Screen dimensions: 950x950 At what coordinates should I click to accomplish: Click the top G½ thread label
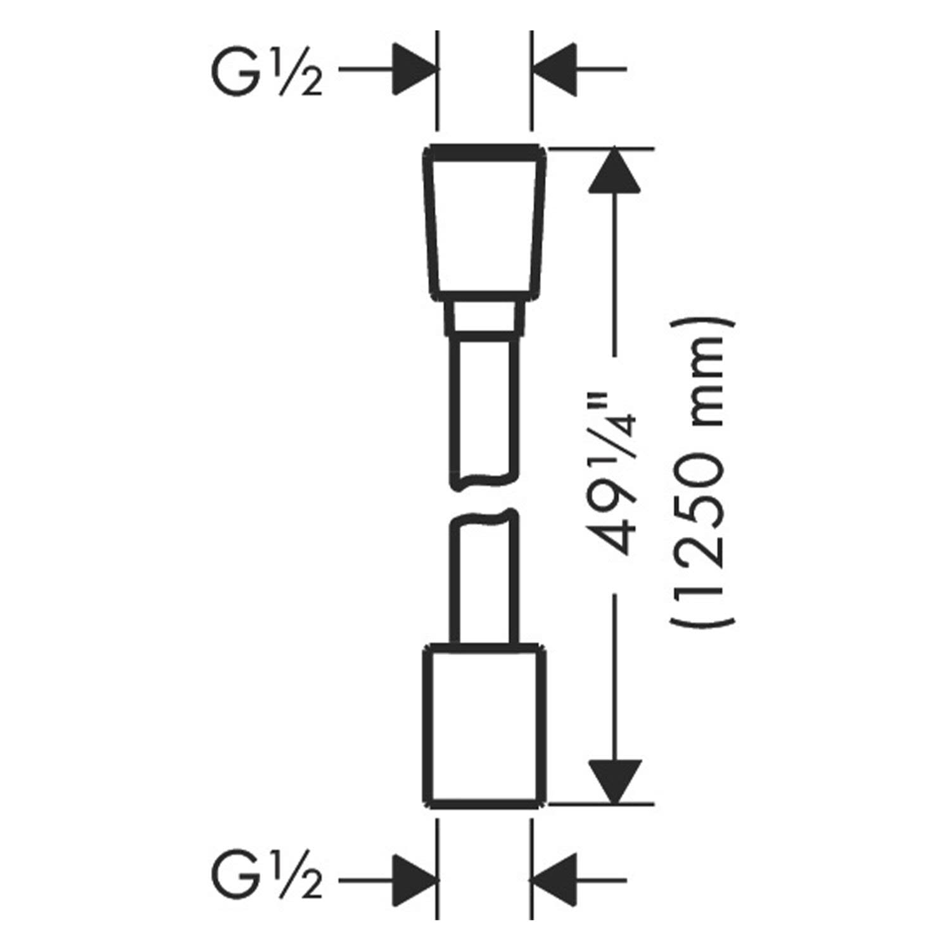pyautogui.click(x=266, y=71)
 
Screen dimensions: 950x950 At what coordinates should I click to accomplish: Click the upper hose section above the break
pyautogui.click(x=485, y=412)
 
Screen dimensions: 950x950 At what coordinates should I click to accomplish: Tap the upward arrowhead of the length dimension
pyautogui.click(x=614, y=170)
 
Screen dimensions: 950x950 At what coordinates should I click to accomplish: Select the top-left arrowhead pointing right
pyautogui.click(x=415, y=69)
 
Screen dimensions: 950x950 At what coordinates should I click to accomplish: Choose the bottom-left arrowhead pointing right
pyautogui.click(x=415, y=879)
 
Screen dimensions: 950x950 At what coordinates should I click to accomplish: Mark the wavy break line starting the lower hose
pyautogui.click(x=485, y=516)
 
